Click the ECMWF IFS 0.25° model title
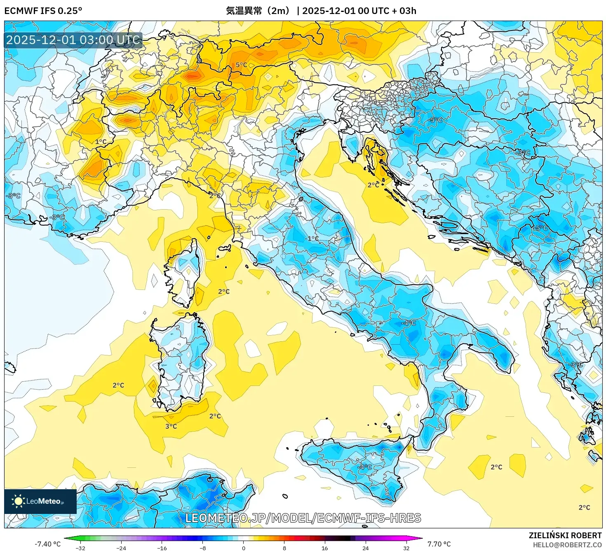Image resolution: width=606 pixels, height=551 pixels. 43,11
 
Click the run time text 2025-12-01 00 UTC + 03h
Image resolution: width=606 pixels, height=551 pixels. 359,11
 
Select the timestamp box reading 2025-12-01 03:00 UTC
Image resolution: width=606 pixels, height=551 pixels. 73,40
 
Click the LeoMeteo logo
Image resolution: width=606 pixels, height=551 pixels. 40,501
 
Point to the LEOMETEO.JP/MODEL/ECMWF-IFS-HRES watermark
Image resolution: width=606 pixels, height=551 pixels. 303,518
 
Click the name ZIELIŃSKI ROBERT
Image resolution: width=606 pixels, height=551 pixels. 565,535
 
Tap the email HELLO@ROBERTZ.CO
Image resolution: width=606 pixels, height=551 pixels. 567,545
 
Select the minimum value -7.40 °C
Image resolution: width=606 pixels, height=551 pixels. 47,544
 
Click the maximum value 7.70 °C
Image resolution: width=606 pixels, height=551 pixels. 439,544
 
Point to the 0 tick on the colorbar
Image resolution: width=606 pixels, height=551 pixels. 244,548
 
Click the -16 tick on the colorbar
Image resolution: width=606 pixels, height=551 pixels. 162,548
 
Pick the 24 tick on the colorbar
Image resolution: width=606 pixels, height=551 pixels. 366,548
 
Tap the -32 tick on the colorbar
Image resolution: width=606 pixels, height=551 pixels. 80,548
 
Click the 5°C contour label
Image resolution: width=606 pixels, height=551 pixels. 241,65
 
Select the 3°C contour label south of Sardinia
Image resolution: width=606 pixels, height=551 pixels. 171,426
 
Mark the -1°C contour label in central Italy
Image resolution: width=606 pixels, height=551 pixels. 312,238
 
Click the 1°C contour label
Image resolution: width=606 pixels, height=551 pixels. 101,142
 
